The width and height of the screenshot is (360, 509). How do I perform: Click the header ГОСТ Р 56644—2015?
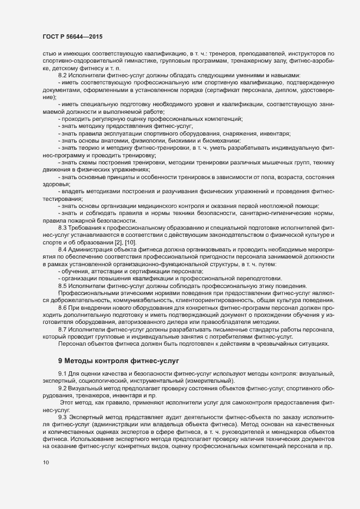72,36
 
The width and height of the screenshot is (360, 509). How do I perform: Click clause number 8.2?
63,75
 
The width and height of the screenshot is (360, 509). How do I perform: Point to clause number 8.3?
63,226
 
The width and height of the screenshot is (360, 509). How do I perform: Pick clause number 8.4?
63,249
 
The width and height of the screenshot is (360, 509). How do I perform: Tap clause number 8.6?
63,308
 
